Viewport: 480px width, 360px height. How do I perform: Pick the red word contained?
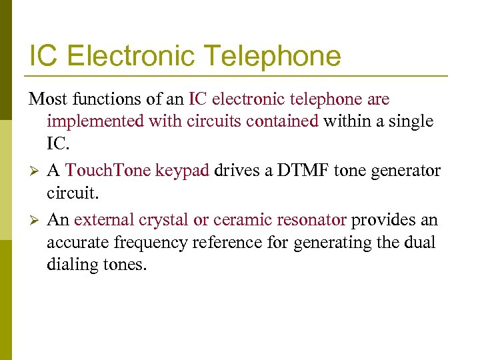coord(286,122)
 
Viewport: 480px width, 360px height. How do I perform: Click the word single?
coord(410,122)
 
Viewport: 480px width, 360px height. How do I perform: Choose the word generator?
coord(405,171)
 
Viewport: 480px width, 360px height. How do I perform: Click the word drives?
coord(234,171)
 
